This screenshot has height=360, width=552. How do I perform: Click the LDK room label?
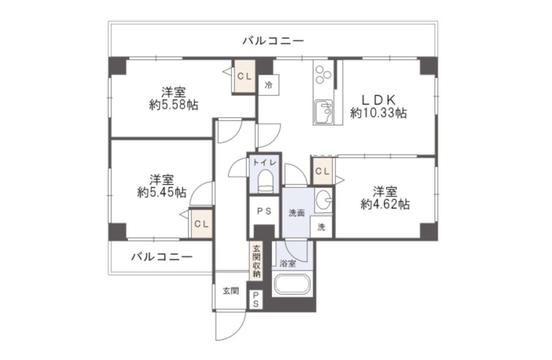[379, 100]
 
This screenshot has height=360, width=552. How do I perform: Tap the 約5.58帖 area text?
[173, 104]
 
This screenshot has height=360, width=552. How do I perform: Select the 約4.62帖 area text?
[385, 204]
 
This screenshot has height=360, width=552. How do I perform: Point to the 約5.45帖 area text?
[162, 192]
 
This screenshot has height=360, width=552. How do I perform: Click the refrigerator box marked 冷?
[269, 85]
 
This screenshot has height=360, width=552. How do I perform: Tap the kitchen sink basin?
[323, 111]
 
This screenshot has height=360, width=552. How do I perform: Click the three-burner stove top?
[323, 75]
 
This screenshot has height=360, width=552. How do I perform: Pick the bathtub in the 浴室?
[292, 284]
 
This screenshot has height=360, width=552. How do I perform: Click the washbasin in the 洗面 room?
[323, 200]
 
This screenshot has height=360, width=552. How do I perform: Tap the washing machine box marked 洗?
[321, 227]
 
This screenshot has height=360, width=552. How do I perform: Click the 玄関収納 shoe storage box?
[256, 261]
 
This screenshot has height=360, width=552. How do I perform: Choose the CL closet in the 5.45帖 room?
[201, 224]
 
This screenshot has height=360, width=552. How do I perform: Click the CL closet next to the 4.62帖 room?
[322, 171]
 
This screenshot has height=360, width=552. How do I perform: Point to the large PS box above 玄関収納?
[264, 211]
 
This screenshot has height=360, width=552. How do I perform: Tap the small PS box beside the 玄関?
[256, 299]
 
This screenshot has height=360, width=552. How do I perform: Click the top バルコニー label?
[273, 41]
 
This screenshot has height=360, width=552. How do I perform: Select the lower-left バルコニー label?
[162, 256]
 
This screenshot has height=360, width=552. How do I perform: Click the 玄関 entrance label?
[231, 291]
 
